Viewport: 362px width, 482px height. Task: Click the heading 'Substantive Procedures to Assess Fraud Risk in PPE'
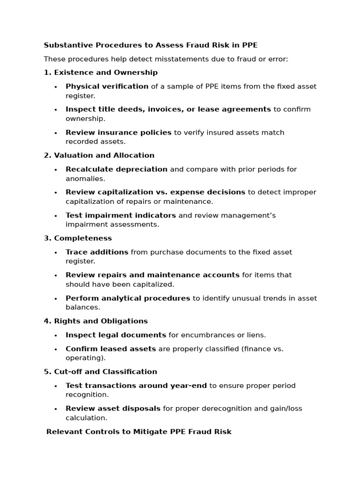(150, 45)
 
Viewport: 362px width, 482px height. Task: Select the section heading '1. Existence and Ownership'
(101, 72)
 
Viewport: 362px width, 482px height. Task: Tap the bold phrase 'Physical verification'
(107, 87)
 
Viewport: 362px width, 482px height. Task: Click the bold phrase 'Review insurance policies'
(118, 133)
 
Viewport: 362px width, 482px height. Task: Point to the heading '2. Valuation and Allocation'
(99, 155)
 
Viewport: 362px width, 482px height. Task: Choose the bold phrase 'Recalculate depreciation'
(116, 169)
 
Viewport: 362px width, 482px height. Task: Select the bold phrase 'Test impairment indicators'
(121, 216)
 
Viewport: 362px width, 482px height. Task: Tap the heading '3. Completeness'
(78, 238)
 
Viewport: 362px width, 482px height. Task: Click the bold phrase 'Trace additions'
(97, 252)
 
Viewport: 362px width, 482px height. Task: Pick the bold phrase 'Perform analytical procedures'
(128, 298)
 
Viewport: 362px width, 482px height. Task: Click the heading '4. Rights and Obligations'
(96, 321)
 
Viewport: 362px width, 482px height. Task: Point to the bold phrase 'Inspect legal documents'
(115, 335)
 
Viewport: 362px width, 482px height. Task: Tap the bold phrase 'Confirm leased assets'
(111, 349)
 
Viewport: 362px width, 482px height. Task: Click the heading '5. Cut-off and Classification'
(100, 372)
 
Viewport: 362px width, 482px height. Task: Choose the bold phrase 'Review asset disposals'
(113, 409)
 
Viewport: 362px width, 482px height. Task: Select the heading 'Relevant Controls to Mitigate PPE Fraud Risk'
(139, 432)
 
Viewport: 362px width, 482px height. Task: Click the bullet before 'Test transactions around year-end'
(56, 386)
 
